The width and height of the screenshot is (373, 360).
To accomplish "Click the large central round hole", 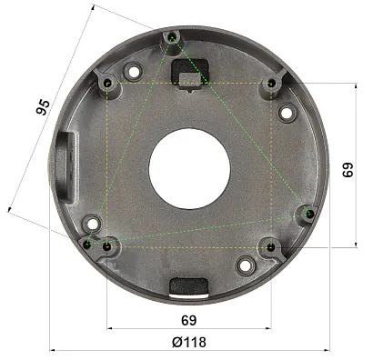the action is point(189,168).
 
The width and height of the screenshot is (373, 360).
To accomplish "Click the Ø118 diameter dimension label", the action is point(189,343).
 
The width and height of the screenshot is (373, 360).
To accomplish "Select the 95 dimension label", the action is point(43,106).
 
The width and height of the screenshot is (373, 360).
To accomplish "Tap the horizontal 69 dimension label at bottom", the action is point(188,320).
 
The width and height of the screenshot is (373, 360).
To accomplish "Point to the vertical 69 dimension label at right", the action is point(348,170).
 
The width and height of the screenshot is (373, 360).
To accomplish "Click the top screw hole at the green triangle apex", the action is point(172,38).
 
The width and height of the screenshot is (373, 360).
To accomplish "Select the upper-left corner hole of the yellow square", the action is point(107,83).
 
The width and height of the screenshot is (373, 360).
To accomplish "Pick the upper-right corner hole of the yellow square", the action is point(272,83).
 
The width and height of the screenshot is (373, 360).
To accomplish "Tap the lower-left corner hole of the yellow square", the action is point(106,247).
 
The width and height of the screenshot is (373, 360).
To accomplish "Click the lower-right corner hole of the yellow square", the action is point(271,248).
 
